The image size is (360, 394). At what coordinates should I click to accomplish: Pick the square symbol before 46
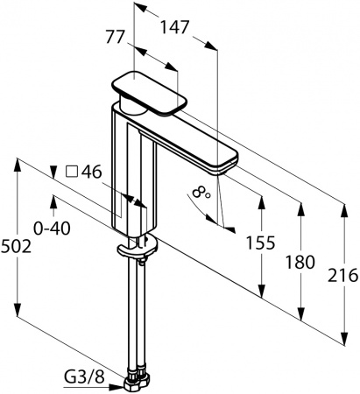(x=71, y=172)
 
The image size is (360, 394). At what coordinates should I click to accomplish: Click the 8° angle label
(x=201, y=190)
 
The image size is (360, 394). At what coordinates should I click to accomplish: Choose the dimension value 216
(x=343, y=275)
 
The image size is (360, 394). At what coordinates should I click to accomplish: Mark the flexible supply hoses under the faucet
(x=135, y=315)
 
